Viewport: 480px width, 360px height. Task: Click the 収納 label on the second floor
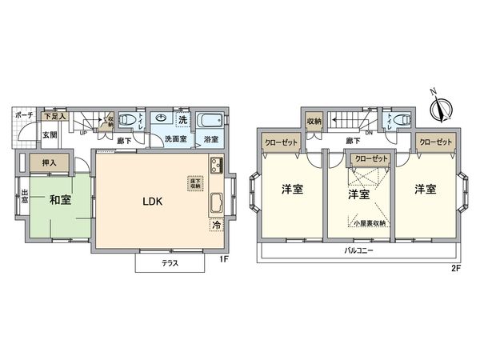(x=314, y=122)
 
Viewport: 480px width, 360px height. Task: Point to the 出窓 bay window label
(x=25, y=196)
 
